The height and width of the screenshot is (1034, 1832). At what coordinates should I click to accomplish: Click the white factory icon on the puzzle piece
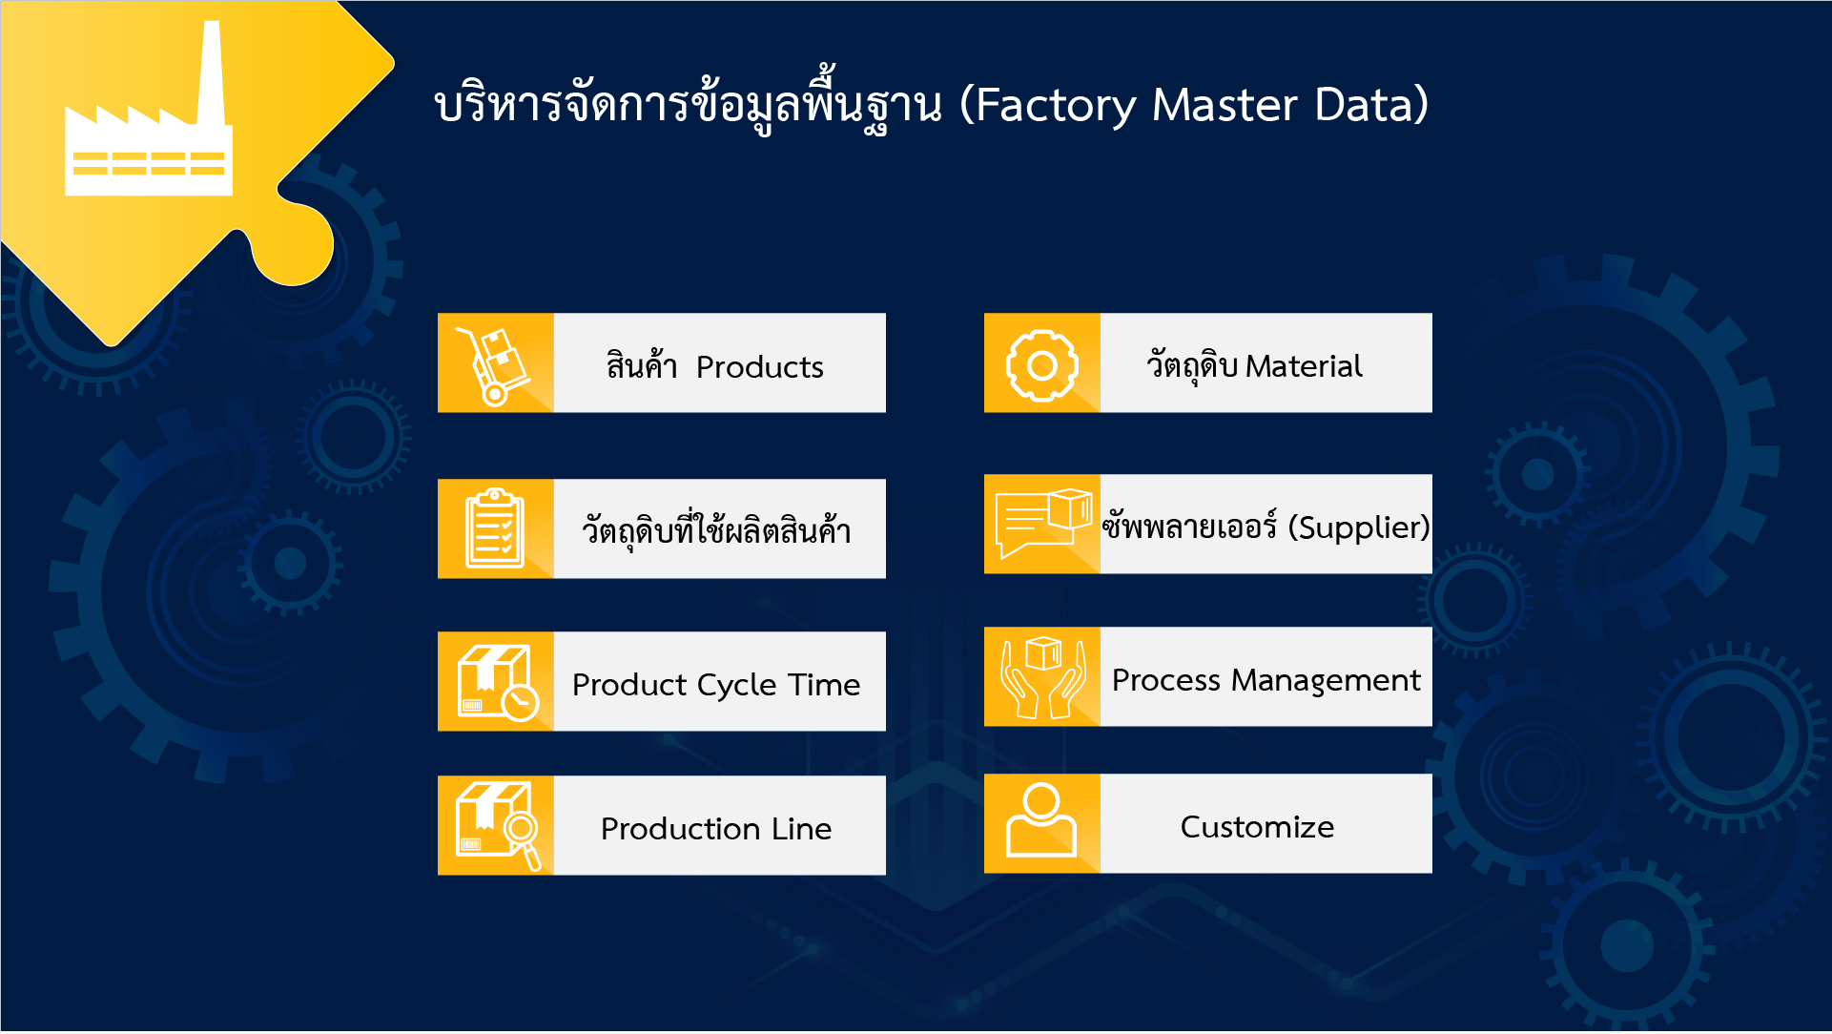[148, 153]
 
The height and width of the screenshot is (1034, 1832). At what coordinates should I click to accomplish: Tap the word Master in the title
[1224, 105]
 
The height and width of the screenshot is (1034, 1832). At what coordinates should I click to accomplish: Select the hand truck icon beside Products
[495, 364]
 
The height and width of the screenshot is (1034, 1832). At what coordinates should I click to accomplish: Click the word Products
[759, 367]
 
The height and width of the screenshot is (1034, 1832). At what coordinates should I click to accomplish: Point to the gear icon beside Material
[1041, 364]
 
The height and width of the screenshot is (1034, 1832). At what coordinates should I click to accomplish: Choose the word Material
[1304, 366]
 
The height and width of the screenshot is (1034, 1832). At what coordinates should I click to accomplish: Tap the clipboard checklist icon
[495, 529]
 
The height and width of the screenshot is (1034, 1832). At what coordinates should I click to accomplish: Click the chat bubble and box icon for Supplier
[1041, 523]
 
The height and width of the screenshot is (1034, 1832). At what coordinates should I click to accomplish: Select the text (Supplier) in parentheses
[1358, 527]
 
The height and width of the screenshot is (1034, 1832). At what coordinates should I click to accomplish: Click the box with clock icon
[497, 682]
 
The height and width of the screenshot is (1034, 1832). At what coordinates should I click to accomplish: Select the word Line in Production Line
[801, 829]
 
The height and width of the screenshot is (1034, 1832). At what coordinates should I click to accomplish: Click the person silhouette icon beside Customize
[1041, 821]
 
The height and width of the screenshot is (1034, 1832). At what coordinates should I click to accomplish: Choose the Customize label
[1257, 827]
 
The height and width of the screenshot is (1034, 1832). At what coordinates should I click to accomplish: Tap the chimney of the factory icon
[212, 72]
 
